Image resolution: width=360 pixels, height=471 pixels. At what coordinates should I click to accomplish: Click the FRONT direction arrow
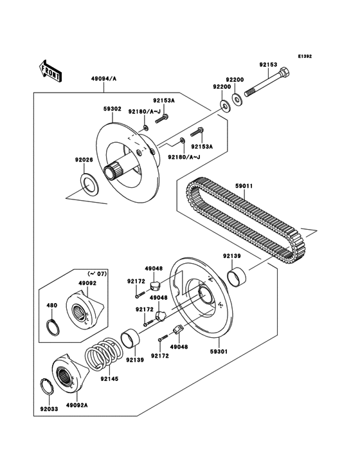[51, 70]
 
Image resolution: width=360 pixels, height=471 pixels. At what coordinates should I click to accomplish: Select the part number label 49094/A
[104, 79]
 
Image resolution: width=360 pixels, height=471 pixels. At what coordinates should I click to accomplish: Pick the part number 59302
[112, 109]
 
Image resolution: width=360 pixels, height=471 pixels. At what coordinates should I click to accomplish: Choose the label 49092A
[76, 406]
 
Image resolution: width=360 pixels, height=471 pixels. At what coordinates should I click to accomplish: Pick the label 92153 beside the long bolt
[268, 65]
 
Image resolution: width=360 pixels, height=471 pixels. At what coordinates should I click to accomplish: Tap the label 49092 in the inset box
[87, 282]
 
